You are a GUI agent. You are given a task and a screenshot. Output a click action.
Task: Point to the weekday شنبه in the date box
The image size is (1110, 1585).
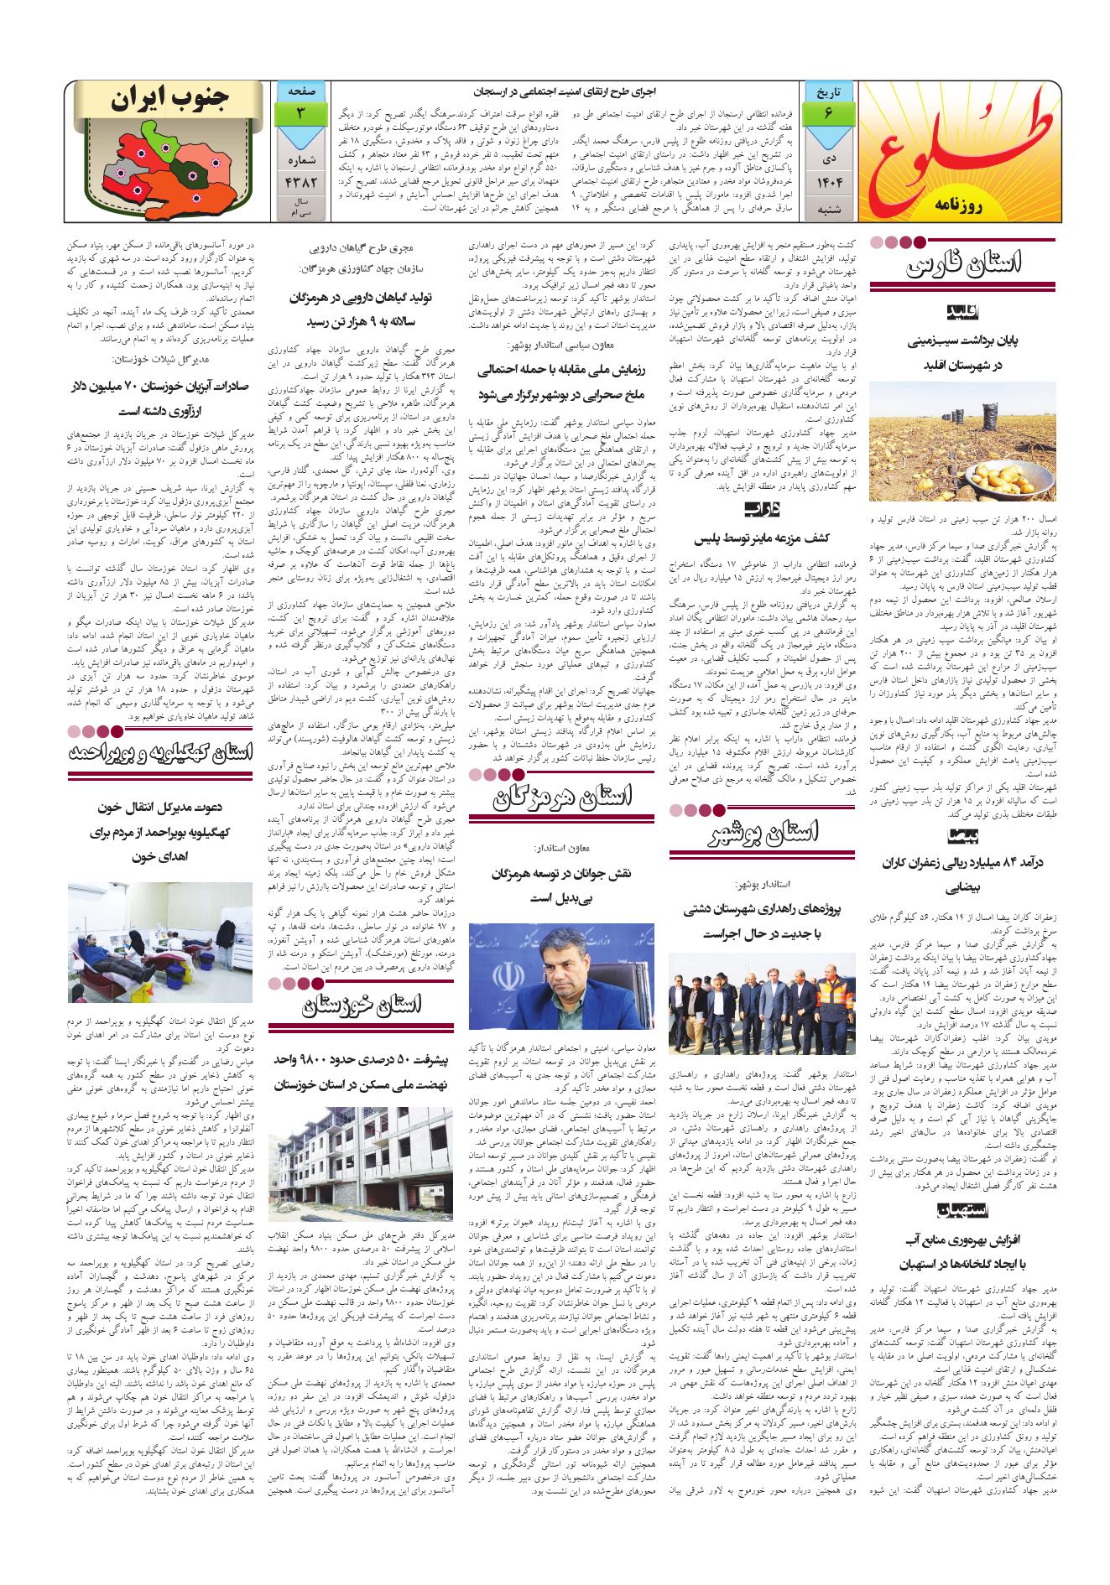pos(826,210)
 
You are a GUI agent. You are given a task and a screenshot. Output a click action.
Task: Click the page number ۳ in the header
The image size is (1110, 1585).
pos(300,113)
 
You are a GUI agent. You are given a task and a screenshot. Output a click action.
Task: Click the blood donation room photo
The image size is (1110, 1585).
pos(162,944)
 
